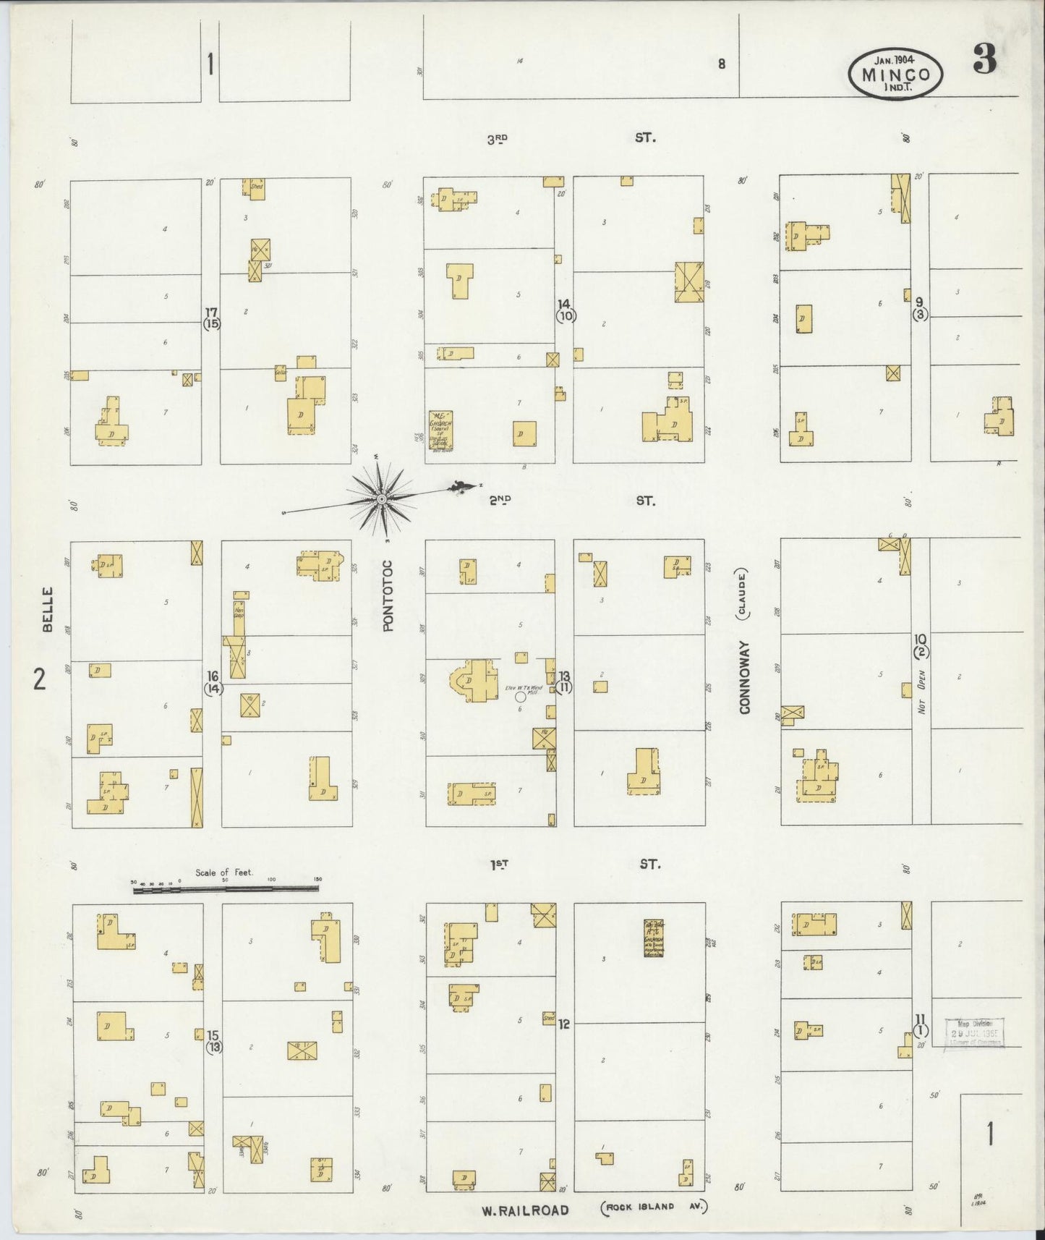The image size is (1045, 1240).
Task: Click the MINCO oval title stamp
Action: (896, 75)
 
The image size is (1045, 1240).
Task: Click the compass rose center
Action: (381, 498)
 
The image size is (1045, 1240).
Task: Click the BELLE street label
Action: (48, 610)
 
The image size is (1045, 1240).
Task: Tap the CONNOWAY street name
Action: (745, 677)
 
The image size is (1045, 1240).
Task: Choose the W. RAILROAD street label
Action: (526, 1210)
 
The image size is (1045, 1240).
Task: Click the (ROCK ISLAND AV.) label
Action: (653, 1207)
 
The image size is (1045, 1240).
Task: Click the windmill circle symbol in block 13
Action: (520, 697)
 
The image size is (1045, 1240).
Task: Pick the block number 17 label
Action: (210, 312)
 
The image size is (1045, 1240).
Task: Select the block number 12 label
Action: (564, 1024)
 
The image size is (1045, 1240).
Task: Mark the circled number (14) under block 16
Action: (213, 689)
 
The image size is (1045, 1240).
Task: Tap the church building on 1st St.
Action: (654, 938)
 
